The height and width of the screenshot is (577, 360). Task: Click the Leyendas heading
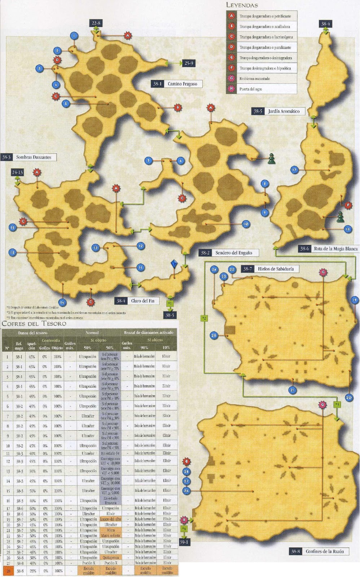(x=242, y=5)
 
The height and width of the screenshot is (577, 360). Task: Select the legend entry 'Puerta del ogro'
(x=250, y=89)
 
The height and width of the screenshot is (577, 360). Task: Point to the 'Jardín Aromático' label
(x=284, y=111)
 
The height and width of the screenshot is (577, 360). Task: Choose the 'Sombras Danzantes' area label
(x=34, y=157)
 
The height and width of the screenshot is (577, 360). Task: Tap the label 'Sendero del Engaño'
(x=233, y=253)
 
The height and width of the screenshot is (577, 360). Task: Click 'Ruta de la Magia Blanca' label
(x=335, y=249)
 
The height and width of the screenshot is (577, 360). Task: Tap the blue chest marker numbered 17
(x=294, y=170)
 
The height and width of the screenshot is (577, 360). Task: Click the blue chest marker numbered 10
(x=246, y=224)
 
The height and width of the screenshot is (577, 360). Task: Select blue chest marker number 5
(x=65, y=104)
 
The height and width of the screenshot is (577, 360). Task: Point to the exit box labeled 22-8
(x=96, y=23)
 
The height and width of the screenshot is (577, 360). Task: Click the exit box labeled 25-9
(x=189, y=63)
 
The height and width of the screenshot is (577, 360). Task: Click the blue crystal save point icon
(x=175, y=264)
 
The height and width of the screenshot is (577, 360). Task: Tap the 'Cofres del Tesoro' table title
(x=34, y=323)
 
